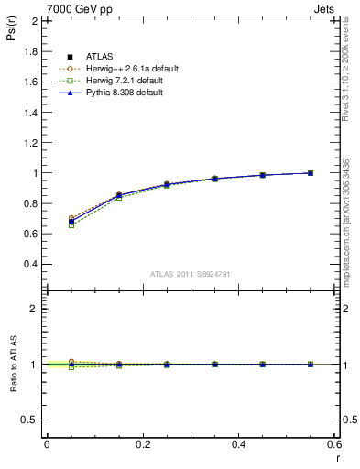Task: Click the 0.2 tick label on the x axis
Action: click(143, 444)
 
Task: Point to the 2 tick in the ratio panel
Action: click(35, 309)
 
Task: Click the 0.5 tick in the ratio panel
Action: click(31, 420)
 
